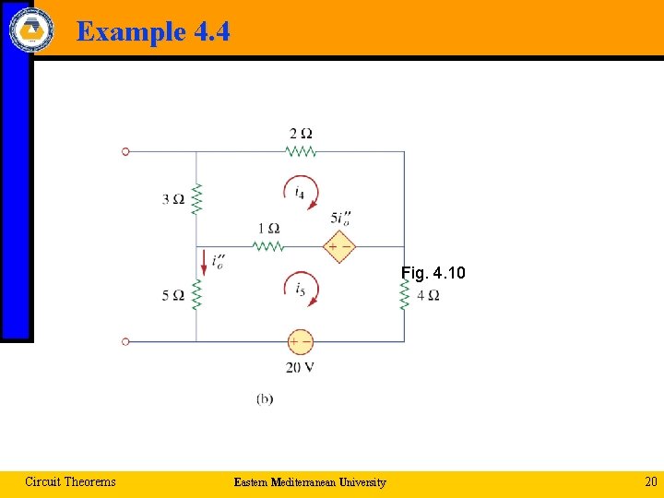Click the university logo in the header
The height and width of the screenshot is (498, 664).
click(31, 29)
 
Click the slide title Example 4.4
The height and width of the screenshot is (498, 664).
click(153, 31)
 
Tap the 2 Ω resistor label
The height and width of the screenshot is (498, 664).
click(301, 134)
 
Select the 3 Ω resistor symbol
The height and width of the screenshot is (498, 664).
click(196, 198)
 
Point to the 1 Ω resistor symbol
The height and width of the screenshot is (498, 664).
click(267, 246)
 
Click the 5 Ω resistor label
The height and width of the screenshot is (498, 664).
click(172, 295)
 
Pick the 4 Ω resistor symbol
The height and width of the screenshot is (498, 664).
click(404, 295)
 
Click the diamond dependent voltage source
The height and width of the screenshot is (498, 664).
click(338, 246)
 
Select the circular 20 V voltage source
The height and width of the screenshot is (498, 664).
click(300, 342)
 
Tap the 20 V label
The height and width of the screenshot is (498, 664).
click(300, 367)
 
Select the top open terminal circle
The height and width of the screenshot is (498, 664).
click(125, 151)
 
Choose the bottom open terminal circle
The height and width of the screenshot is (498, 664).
click(125, 341)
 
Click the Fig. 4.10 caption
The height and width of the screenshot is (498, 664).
click(433, 273)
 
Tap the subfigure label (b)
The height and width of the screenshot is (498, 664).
click(265, 398)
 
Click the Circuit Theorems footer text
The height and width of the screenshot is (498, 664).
click(70, 481)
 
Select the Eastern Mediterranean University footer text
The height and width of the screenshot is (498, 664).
click(310, 482)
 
